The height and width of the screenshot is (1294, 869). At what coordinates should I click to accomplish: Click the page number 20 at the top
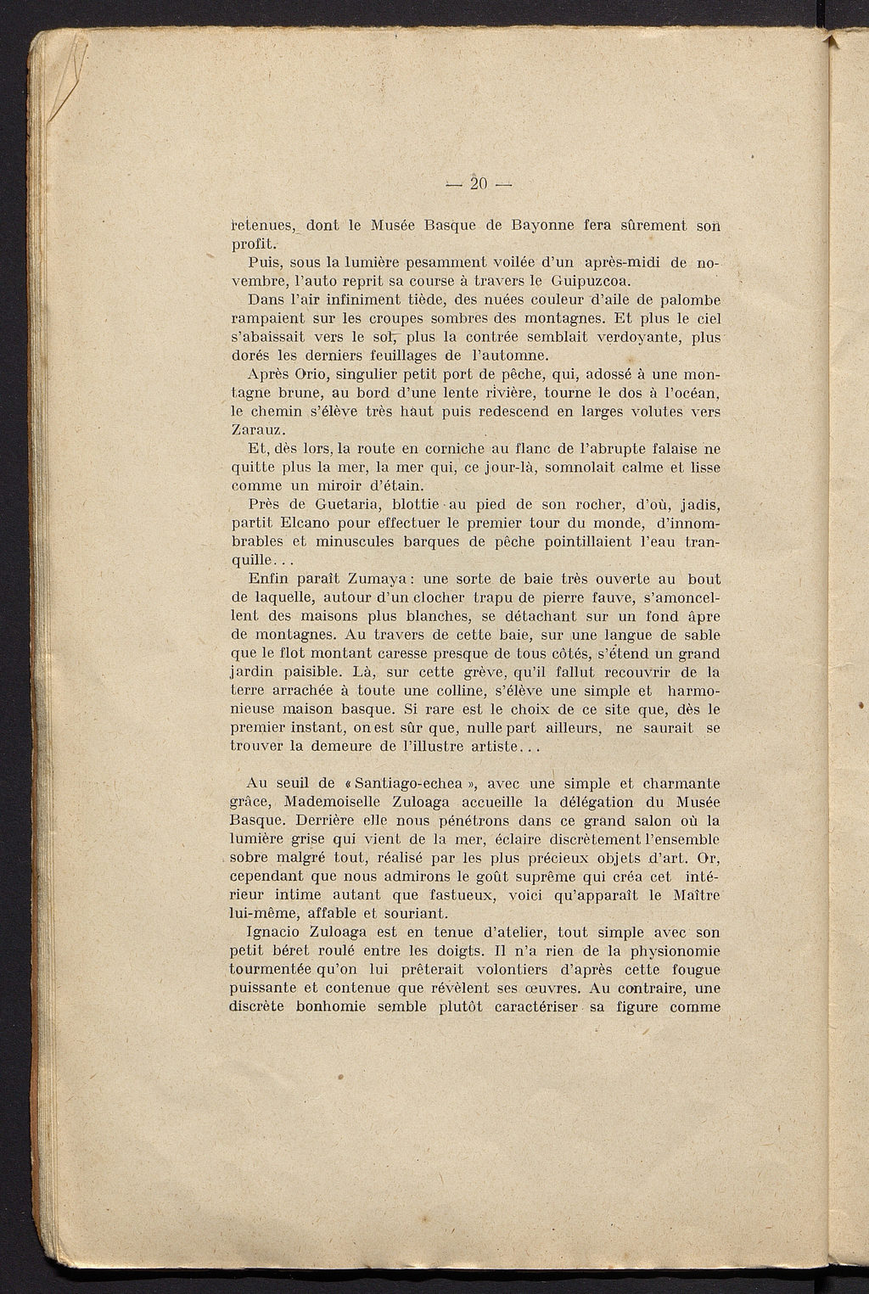[479, 183]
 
